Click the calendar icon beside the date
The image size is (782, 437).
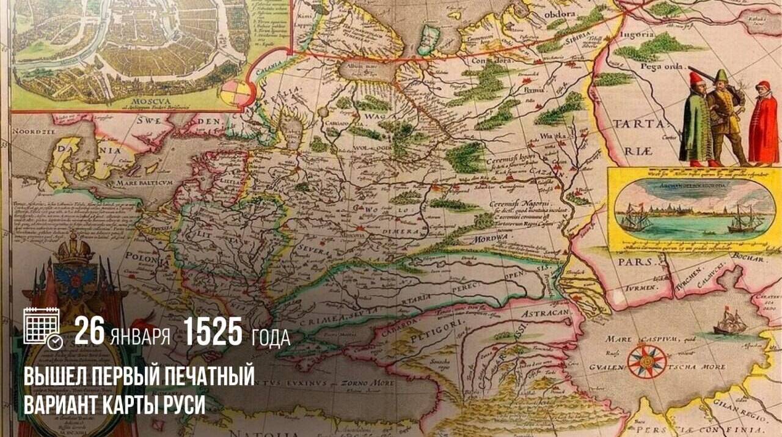pyautogui.click(x=42, y=327)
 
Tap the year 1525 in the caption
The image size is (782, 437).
pyautogui.click(x=213, y=332)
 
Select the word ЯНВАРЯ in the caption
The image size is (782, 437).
pyautogui.click(x=141, y=336)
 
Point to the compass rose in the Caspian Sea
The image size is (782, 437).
pyautogui.click(x=647, y=361)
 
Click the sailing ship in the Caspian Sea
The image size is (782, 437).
pyautogui.click(x=730, y=321)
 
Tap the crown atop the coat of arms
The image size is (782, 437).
pyautogui.click(x=73, y=248)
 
